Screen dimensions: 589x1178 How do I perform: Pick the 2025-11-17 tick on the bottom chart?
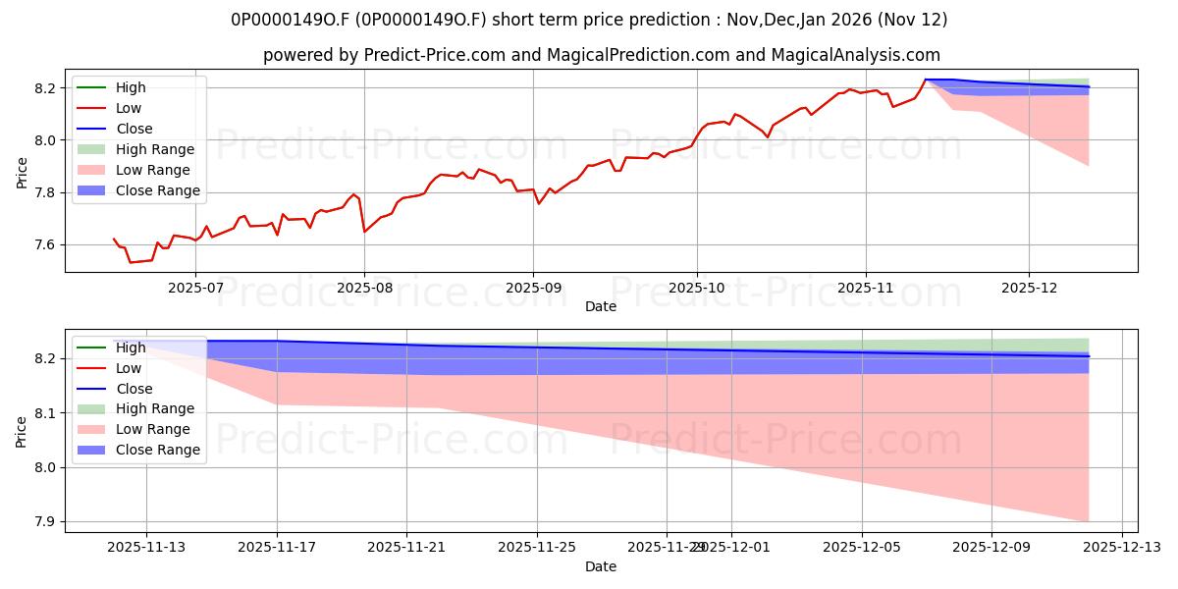(x=277, y=546)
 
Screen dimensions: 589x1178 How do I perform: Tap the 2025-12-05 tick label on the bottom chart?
(x=861, y=546)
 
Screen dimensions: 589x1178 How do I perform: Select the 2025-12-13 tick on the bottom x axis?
(x=1121, y=546)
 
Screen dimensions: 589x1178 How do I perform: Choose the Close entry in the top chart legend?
(x=134, y=129)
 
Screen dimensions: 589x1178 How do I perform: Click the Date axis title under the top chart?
(x=601, y=306)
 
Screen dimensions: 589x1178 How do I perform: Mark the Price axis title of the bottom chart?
(x=22, y=430)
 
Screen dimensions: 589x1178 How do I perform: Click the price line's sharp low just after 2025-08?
(x=365, y=232)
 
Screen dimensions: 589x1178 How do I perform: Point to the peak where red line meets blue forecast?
(x=925, y=80)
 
